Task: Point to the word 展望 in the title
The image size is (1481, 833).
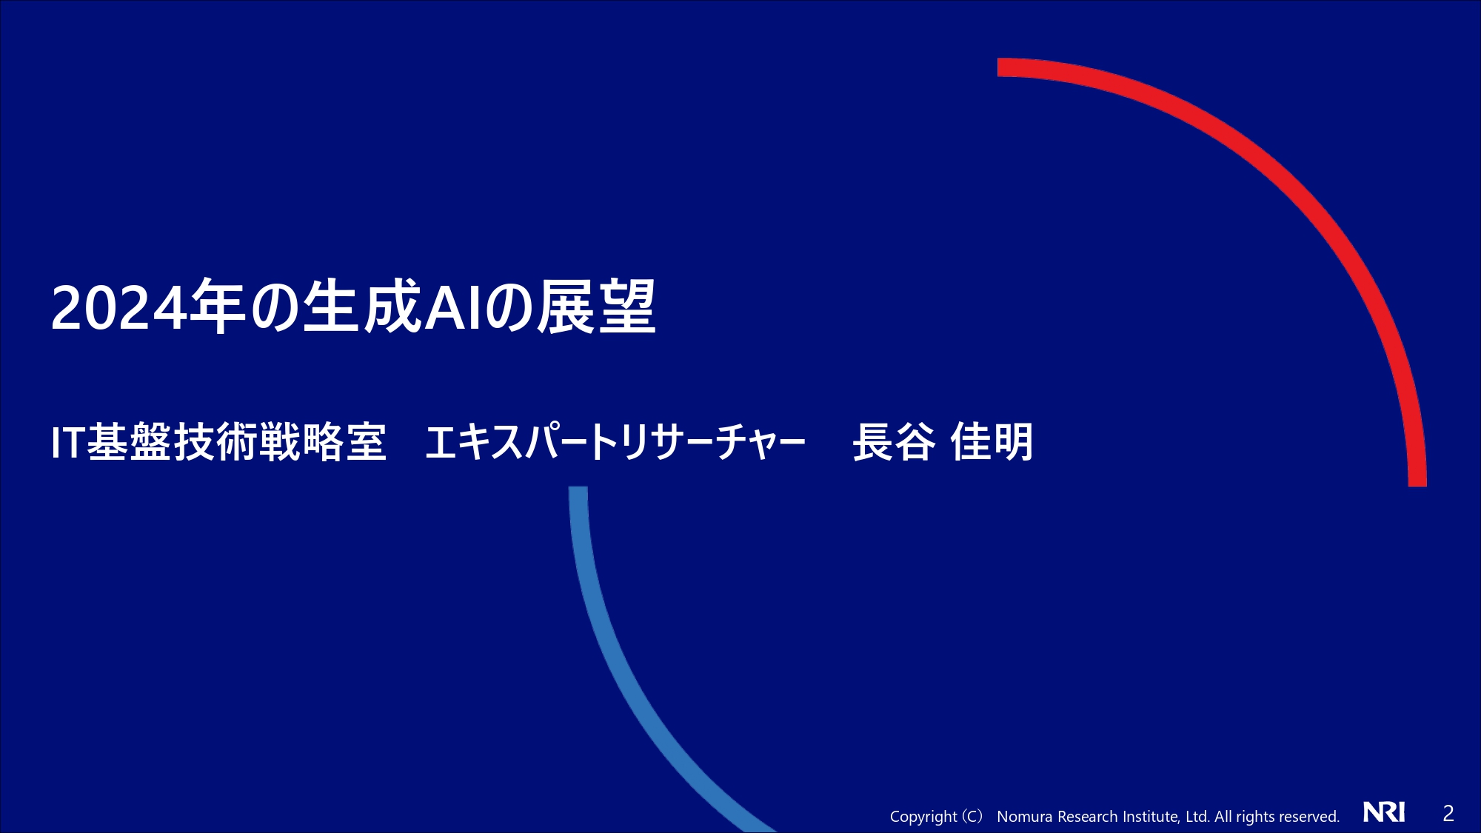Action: pos(597,307)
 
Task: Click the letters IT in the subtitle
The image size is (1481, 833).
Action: pos(68,443)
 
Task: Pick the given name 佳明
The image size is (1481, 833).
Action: pos(992,442)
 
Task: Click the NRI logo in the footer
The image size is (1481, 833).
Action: pos(1384,812)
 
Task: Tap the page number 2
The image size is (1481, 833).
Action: pos(1448,814)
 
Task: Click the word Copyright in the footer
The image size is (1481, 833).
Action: pos(923,817)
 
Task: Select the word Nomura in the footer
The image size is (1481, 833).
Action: pos(1025,816)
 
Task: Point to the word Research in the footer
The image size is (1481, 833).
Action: pos(1088,816)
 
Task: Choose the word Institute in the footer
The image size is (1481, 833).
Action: pos(1151,816)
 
